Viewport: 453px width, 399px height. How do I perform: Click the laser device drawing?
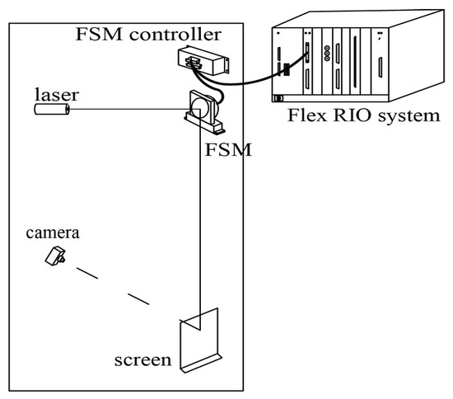[51, 108]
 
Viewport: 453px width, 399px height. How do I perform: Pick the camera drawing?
[57, 256]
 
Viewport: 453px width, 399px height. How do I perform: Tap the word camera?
[52, 233]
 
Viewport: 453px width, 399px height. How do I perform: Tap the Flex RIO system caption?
[357, 115]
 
